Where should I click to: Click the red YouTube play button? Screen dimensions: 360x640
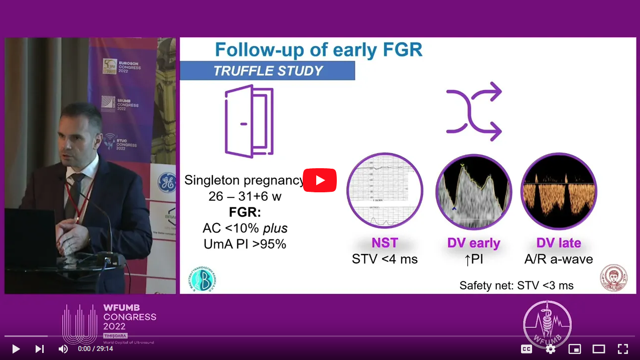(x=320, y=180)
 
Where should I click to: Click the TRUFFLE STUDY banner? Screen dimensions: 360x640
(x=268, y=71)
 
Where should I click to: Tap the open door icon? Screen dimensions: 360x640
(x=249, y=121)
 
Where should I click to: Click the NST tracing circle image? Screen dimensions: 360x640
(x=385, y=191)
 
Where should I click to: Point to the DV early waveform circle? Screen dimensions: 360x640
(x=473, y=191)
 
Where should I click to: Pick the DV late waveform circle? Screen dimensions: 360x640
(x=558, y=191)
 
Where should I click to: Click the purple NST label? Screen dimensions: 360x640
(x=385, y=243)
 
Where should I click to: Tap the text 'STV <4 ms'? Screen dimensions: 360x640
(x=385, y=259)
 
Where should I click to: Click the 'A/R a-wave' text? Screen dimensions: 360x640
(x=558, y=259)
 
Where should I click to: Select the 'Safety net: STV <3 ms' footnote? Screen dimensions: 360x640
(x=516, y=285)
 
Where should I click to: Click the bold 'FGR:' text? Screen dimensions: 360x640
(x=245, y=211)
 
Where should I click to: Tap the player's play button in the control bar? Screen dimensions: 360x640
(x=16, y=348)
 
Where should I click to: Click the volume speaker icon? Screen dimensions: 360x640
(x=63, y=348)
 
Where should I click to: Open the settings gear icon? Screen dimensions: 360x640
(x=550, y=348)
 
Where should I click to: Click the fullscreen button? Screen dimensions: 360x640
(x=622, y=348)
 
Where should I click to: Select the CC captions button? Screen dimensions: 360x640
(x=526, y=348)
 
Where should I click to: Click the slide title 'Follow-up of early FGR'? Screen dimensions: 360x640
(x=318, y=50)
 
